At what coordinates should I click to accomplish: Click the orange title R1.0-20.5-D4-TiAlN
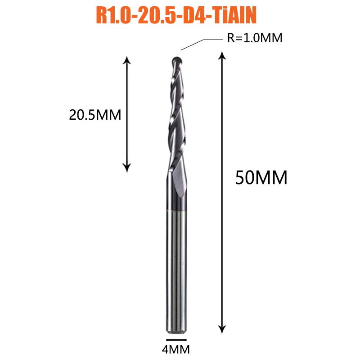[x=176, y=16]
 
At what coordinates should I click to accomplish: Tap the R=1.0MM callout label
[x=255, y=38]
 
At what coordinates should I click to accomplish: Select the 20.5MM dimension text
[x=95, y=115]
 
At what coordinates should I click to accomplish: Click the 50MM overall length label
[x=261, y=177]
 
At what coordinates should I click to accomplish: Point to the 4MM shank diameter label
[x=176, y=350]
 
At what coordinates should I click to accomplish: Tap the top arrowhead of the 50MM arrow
[x=222, y=55]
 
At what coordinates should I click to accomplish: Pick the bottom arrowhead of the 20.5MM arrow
[x=127, y=168]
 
